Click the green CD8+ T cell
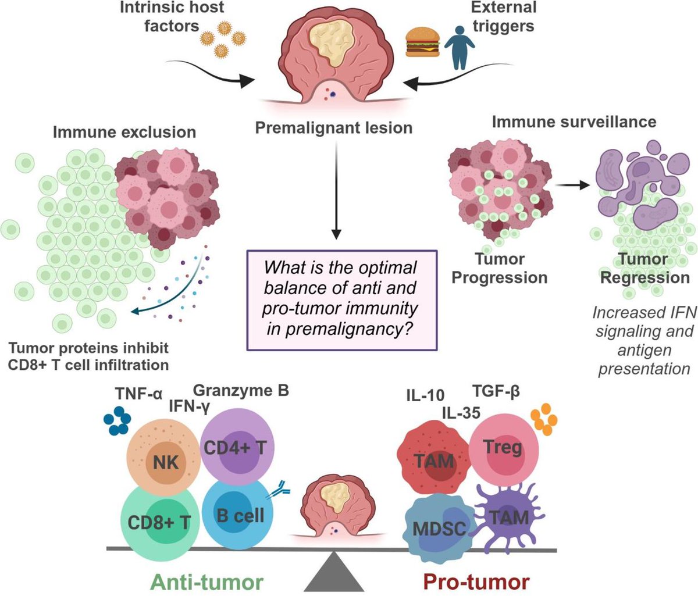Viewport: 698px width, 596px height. (159, 520)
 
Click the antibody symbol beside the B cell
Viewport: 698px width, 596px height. (277, 491)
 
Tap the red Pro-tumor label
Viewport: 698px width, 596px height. (476, 581)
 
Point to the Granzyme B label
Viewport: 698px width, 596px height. (241, 391)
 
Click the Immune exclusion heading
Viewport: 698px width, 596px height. (124, 132)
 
